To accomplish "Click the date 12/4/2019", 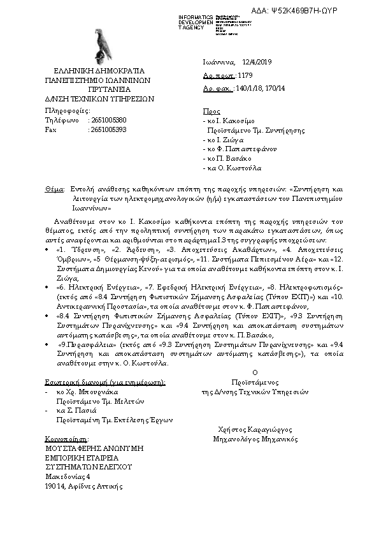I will point(258,62).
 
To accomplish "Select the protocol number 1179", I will point(245,75).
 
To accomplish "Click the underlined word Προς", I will point(211,111).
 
